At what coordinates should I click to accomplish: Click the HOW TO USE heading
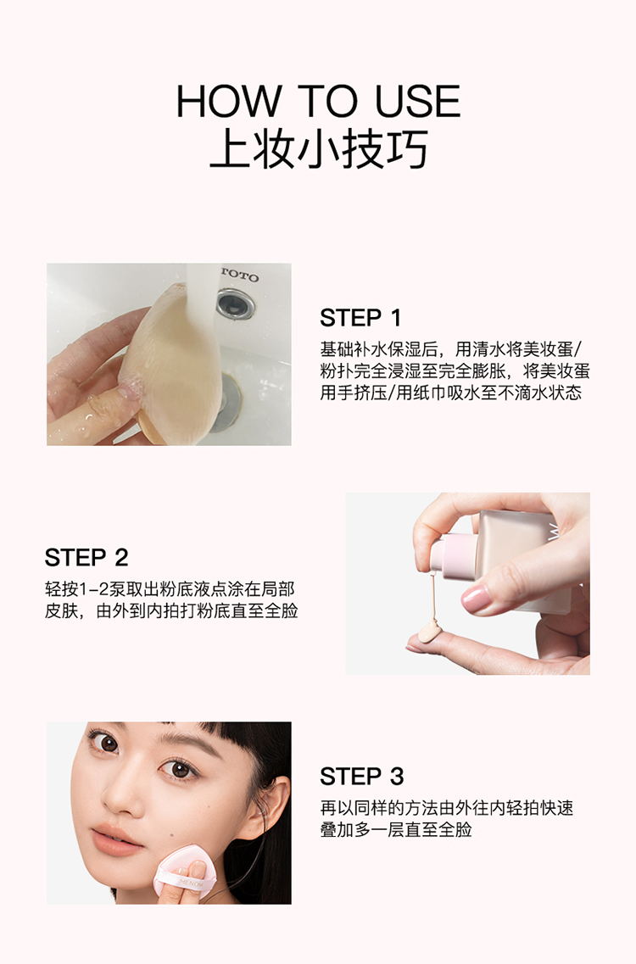click(318, 101)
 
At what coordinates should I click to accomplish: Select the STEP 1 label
click(360, 318)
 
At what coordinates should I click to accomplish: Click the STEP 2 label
click(86, 558)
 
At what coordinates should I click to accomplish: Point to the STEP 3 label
click(361, 777)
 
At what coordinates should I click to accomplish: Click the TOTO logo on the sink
click(240, 275)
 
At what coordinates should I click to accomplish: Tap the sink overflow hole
click(235, 304)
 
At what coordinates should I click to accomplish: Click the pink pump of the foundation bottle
click(453, 556)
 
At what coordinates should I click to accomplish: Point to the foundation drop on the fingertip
click(428, 630)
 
